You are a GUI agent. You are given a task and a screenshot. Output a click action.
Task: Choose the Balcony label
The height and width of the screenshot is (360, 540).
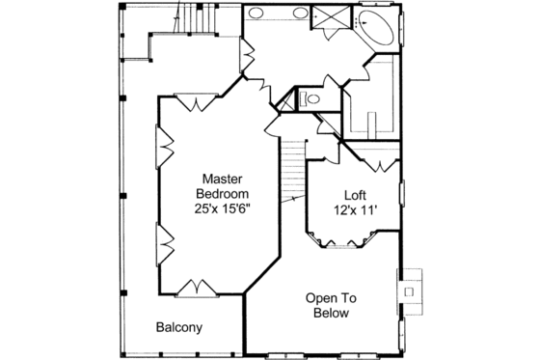[179, 327]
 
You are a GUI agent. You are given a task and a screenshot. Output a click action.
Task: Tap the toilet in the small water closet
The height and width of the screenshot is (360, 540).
[308, 98]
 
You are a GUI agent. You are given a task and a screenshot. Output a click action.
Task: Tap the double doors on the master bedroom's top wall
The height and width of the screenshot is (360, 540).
[199, 101]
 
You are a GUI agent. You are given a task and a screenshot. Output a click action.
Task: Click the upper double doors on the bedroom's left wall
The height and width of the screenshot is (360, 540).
[163, 149]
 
